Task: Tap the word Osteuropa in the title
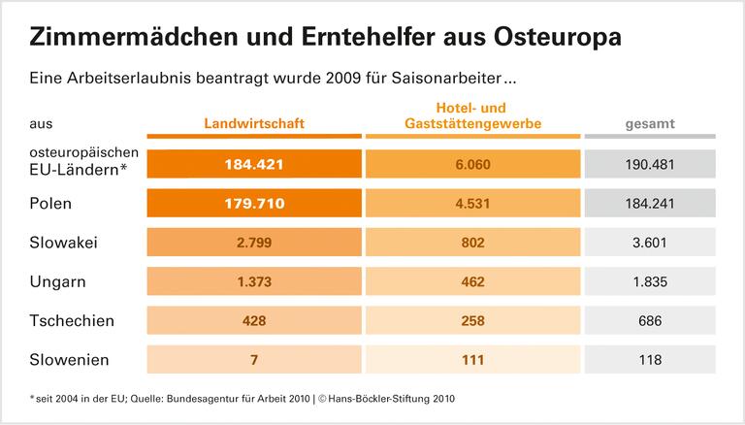(x=549, y=38)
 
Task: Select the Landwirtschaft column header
(x=254, y=123)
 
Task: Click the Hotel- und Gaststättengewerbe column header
(x=472, y=115)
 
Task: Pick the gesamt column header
(x=650, y=123)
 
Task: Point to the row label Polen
(x=51, y=204)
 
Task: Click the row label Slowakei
(x=64, y=243)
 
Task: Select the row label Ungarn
(x=57, y=281)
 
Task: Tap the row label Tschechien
(x=72, y=320)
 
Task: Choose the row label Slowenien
(x=69, y=359)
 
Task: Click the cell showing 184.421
(x=254, y=164)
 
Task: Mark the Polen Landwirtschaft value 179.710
(x=254, y=204)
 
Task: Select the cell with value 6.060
(x=472, y=164)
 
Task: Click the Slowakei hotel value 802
(x=472, y=243)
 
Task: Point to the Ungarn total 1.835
(x=650, y=281)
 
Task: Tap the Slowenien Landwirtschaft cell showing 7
(x=254, y=359)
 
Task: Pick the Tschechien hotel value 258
(x=472, y=320)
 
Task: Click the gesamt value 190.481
(x=650, y=164)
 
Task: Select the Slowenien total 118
(x=650, y=359)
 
